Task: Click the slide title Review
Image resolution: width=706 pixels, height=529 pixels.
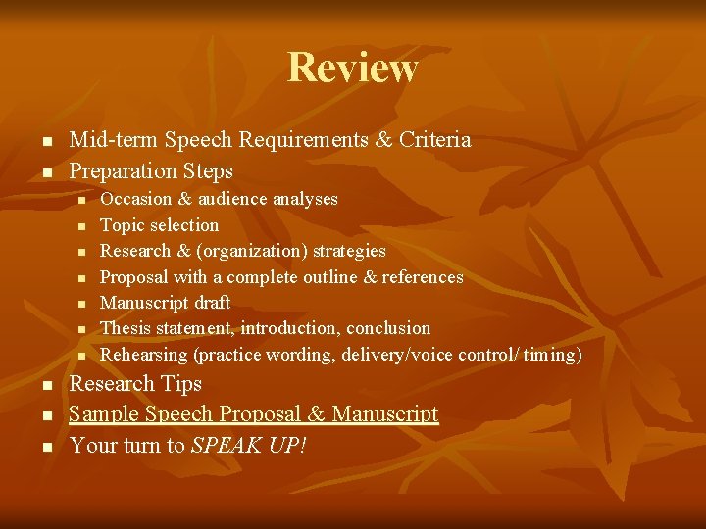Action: (x=353, y=68)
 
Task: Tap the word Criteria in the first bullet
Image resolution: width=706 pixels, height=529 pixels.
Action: (x=434, y=140)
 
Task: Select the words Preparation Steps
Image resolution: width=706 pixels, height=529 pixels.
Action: (x=151, y=171)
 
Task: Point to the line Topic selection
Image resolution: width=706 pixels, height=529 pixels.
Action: (x=160, y=225)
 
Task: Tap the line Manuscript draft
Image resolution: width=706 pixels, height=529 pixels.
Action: (x=166, y=303)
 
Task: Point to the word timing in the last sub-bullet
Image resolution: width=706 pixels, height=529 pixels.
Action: (x=552, y=355)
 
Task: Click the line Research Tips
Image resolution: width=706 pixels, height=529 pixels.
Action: (x=135, y=384)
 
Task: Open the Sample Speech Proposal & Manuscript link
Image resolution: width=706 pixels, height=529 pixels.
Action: (x=253, y=414)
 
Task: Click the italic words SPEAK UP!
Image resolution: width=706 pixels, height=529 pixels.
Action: (x=249, y=446)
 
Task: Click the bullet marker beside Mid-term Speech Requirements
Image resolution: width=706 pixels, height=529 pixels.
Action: (x=47, y=142)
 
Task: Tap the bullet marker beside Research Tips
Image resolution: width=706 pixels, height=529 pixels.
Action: (x=47, y=386)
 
